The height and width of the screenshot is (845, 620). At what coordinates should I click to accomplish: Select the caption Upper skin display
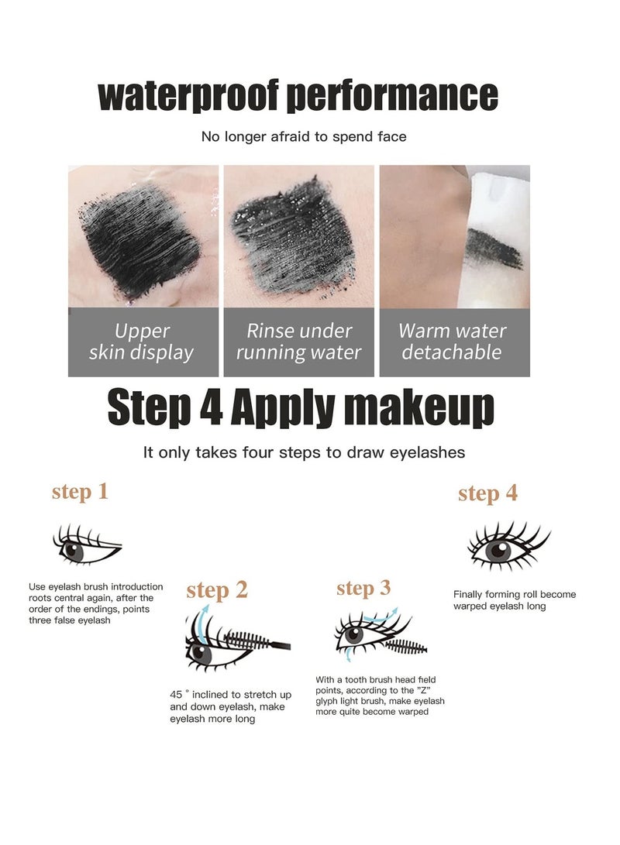142,342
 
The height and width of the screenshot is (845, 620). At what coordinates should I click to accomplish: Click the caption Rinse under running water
298,342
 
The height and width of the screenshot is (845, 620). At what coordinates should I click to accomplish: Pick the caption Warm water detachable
453,342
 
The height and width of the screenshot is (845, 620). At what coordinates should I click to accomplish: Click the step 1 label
80,491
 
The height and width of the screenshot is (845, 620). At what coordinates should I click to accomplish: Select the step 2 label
217,590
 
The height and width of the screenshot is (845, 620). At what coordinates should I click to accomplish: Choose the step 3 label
363,589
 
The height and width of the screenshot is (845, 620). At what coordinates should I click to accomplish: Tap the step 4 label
487,493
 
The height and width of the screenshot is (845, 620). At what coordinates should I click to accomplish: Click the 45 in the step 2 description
176,694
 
